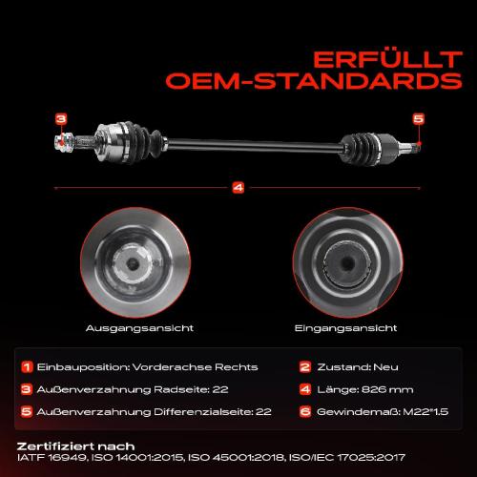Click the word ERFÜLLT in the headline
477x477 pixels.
click(387, 60)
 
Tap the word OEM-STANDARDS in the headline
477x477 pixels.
click(314, 81)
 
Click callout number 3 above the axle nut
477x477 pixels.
click(61, 119)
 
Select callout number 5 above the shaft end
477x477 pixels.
click(419, 119)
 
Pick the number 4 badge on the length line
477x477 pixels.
click(238, 188)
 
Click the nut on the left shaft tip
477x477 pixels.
click(64, 141)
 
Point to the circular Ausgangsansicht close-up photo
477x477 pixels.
click(135, 262)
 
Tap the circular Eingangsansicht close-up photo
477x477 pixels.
click(347, 262)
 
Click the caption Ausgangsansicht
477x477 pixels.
click(139, 328)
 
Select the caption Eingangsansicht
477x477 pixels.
click(345, 328)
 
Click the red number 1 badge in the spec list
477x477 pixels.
click(27, 367)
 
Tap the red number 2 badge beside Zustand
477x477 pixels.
click(305, 367)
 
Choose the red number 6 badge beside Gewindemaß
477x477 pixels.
click(305, 412)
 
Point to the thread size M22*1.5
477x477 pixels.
click(425, 412)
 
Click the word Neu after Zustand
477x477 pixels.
click(385, 367)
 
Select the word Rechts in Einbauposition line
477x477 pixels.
click(237, 367)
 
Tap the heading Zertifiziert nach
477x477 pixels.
click(75, 446)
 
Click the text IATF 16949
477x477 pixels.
click(52, 458)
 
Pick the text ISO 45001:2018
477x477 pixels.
click(248, 458)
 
